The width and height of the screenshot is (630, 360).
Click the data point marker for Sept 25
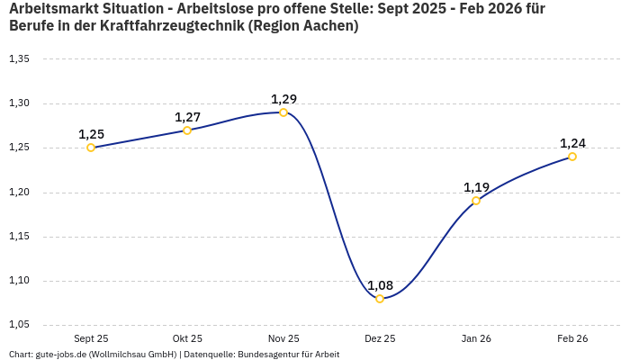(91, 148)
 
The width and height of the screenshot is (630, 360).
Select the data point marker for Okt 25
(187, 130)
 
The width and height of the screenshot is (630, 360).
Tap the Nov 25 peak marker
(283, 112)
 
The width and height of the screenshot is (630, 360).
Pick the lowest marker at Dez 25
(380, 299)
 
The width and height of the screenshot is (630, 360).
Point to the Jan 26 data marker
(476, 201)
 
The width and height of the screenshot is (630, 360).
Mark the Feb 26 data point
(572, 157)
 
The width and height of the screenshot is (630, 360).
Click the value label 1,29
(283, 99)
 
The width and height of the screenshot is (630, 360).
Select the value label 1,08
(380, 285)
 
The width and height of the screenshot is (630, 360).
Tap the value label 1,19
(476, 187)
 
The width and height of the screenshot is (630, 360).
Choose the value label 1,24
(572, 143)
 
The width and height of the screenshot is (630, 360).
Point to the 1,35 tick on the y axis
(19, 59)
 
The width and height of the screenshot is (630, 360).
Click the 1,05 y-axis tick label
(19, 325)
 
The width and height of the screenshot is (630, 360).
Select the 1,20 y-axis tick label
(19, 193)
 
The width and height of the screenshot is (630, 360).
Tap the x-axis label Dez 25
(380, 338)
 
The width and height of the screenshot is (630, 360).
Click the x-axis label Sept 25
(91, 338)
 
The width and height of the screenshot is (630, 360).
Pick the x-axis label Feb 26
(572, 338)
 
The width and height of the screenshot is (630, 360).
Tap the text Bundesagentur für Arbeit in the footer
(288, 355)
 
